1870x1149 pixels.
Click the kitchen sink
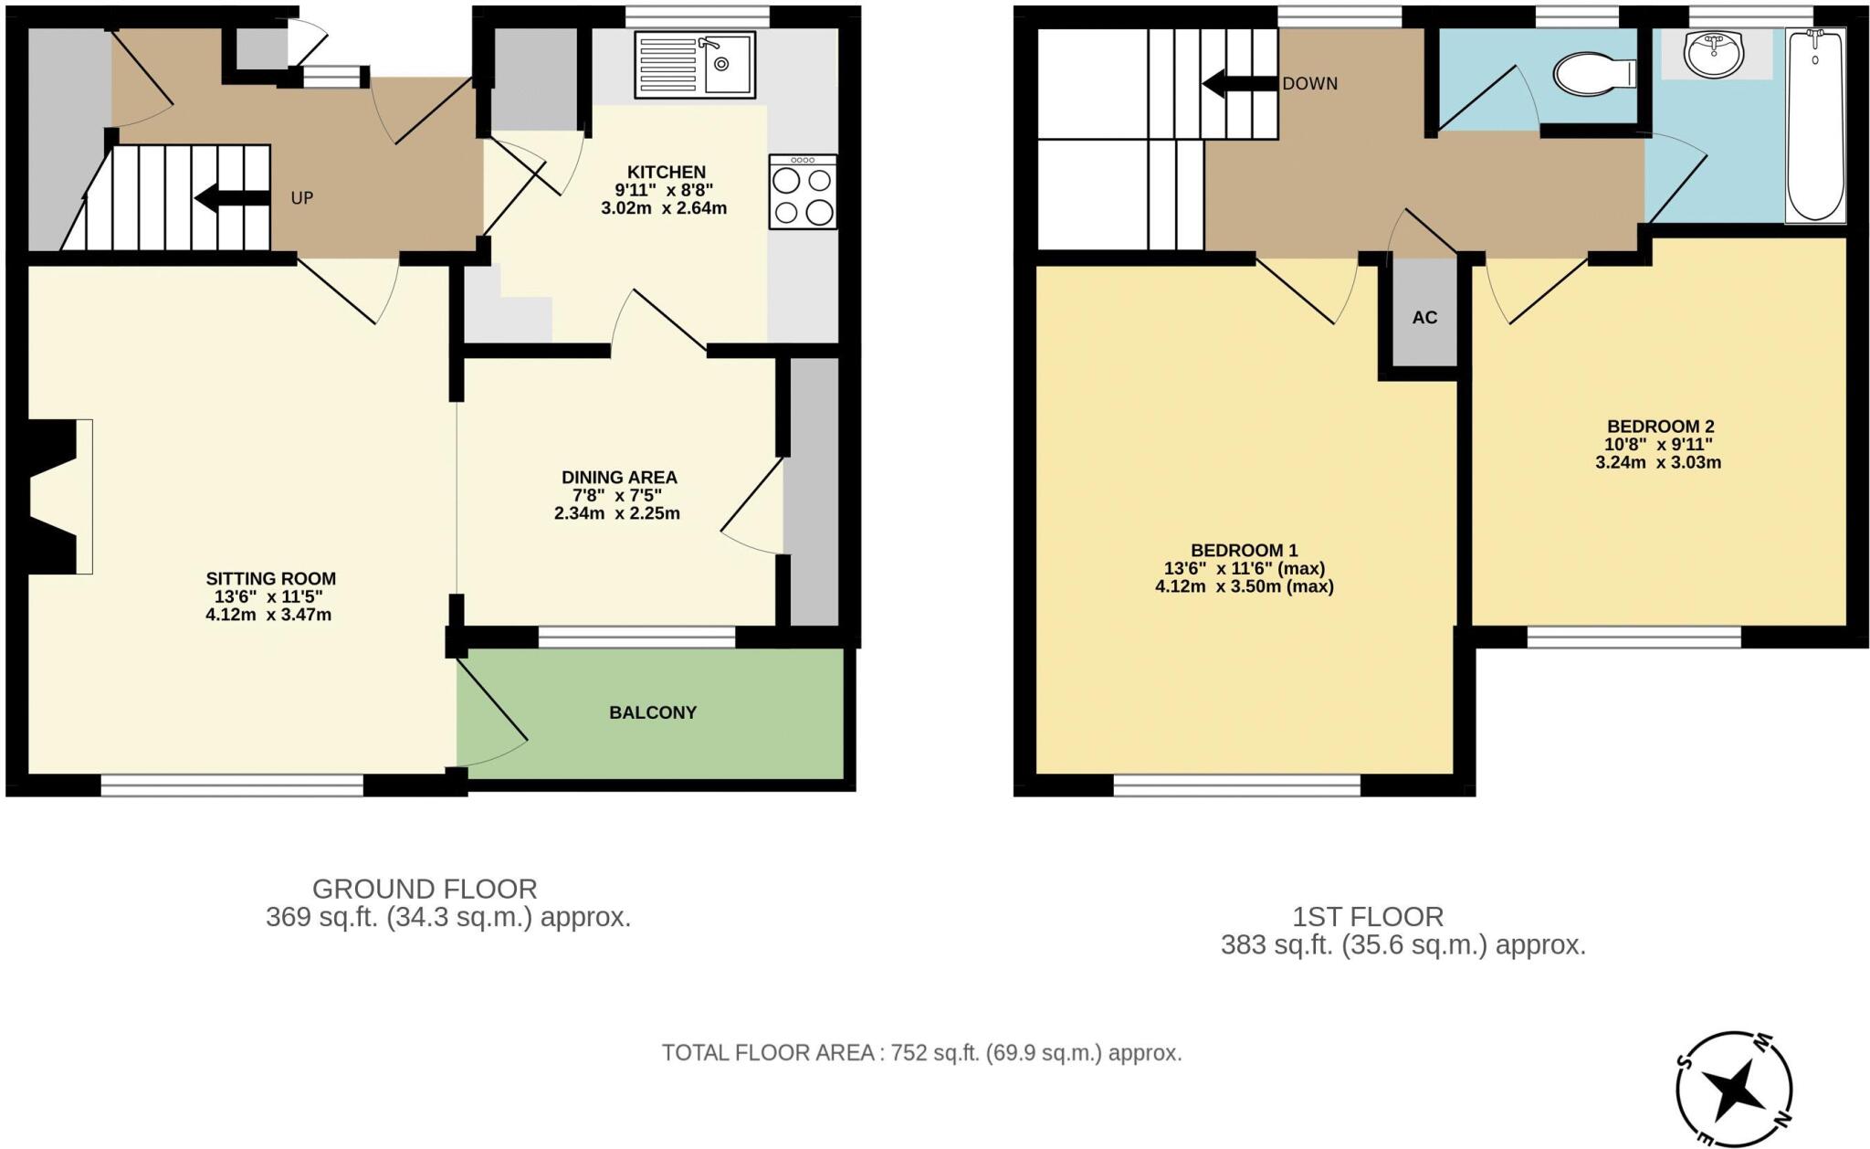click(695, 65)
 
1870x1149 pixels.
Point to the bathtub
click(1815, 125)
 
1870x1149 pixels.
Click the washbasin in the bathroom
click(1714, 54)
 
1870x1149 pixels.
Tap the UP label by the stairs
click(302, 198)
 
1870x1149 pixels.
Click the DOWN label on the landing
click(1310, 84)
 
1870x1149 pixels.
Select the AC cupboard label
click(1424, 318)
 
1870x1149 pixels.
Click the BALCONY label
click(653, 712)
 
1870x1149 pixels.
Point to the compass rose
click(1733, 1091)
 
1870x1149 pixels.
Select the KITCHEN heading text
click(667, 172)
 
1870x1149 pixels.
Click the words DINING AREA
click(619, 477)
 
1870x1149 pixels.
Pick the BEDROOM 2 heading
click(1660, 427)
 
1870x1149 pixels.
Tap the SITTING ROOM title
click(271, 578)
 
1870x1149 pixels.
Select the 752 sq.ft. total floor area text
click(921, 1053)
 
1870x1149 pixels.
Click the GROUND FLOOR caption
click(425, 889)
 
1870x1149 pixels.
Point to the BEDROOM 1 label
click(1244, 550)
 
